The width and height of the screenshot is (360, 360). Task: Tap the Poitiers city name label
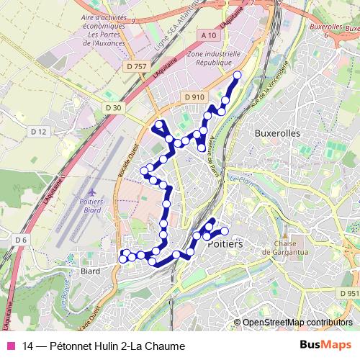click(225, 245)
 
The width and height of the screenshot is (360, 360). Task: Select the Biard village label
click(91, 271)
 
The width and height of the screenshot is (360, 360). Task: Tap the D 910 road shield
click(194, 96)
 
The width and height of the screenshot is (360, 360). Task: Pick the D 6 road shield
click(20, 240)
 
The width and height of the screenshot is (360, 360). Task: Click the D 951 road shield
click(349, 293)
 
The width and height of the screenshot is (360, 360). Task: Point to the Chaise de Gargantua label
click(291, 247)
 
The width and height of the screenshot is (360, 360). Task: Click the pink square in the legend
click(10, 346)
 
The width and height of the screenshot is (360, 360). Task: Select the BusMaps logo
click(325, 345)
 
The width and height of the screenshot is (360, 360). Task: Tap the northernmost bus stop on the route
click(237, 75)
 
